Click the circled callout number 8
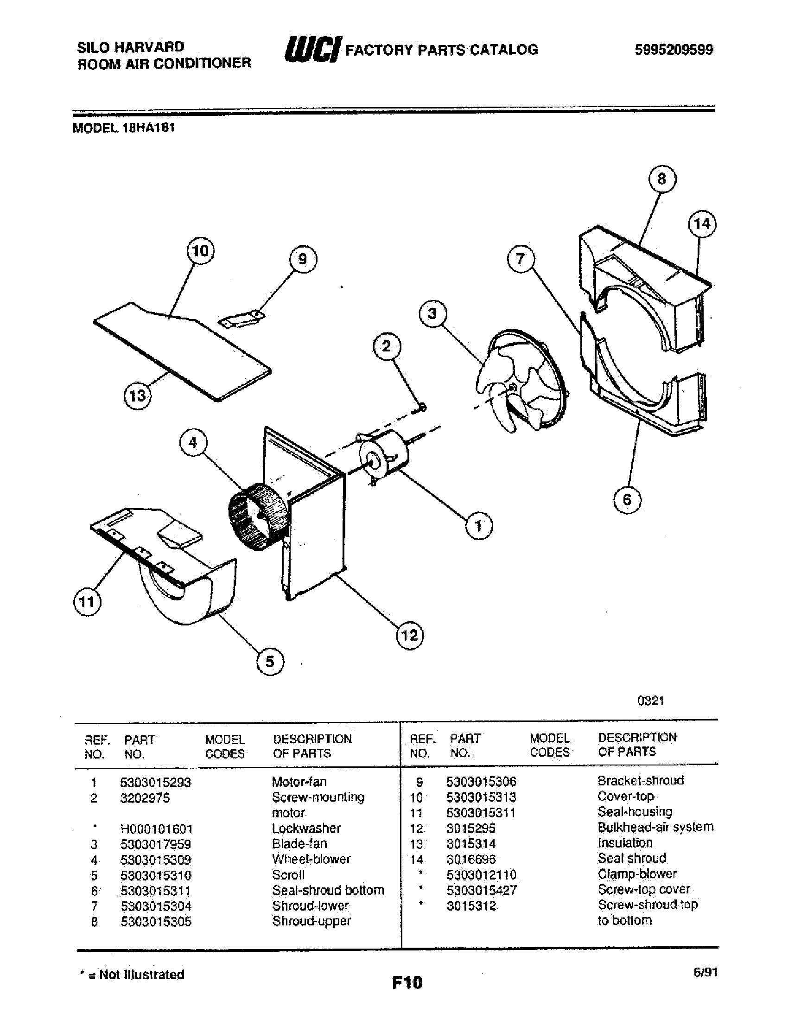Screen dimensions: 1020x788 tap(662, 179)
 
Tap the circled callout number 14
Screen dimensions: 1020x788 tap(702, 224)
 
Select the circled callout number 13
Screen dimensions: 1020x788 tap(137, 396)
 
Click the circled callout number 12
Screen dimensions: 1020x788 tap(409, 636)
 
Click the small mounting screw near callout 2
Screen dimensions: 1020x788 tap(422, 408)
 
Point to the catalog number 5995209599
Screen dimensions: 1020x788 tap(673, 49)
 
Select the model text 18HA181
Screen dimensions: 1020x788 tap(148, 128)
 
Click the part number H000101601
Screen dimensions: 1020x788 tap(156, 829)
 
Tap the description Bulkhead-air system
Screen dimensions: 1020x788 tap(655, 827)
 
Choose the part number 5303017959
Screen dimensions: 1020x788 tap(155, 844)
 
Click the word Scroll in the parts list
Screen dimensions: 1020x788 tap(288, 875)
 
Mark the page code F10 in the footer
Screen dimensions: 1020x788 tap(407, 982)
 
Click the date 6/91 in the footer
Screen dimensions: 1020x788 tap(705, 972)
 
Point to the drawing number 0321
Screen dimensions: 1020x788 tap(650, 701)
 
